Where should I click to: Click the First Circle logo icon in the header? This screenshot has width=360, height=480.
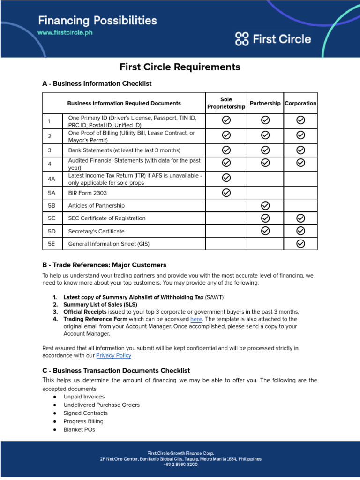(x=242, y=39)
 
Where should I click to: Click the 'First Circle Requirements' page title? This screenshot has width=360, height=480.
(x=180, y=67)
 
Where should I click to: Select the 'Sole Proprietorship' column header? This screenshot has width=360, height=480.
(x=226, y=103)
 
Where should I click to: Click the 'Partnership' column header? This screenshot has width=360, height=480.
(x=265, y=103)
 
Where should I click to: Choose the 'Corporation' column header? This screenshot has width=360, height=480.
(x=300, y=103)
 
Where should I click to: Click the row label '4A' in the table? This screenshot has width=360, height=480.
(x=52, y=179)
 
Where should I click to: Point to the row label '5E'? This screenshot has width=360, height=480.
(x=52, y=244)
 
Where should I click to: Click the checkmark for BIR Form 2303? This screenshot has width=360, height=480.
(x=226, y=193)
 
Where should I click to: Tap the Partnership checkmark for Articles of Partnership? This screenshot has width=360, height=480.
(x=265, y=205)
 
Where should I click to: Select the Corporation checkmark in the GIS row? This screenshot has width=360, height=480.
(x=301, y=243)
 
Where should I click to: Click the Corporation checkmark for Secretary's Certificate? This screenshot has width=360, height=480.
(x=301, y=231)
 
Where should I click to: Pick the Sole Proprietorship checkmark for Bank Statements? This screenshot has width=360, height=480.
(x=226, y=150)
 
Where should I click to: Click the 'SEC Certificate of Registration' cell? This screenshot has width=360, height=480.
(x=107, y=218)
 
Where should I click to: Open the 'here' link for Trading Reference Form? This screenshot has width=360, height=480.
(x=196, y=319)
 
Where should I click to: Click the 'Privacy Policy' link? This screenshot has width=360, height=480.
(x=113, y=356)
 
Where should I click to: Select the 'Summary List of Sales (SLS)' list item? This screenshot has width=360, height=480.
(x=100, y=304)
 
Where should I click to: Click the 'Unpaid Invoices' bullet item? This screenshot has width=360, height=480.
(x=84, y=397)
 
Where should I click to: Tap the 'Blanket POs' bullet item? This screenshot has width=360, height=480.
(x=79, y=429)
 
